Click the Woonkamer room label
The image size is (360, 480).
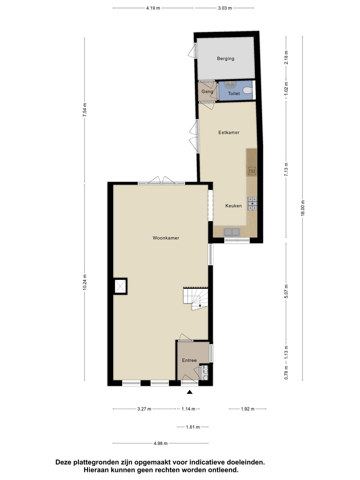(x=166, y=238)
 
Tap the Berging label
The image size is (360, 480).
(x=226, y=59)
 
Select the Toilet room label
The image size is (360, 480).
(x=234, y=94)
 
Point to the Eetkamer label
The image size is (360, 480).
(x=229, y=133)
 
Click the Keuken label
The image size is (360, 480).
(x=233, y=206)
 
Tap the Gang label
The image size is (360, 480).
(x=207, y=92)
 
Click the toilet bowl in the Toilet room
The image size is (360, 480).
(x=248, y=90)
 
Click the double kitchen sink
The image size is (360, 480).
(x=232, y=232)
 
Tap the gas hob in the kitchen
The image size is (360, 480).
(x=252, y=203)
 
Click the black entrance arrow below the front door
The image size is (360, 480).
(x=190, y=392)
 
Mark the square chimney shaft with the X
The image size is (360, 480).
(x=120, y=286)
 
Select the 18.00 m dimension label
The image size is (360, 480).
(x=303, y=208)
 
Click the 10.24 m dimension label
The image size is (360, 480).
(x=85, y=282)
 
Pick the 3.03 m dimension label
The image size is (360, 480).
(x=225, y=8)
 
